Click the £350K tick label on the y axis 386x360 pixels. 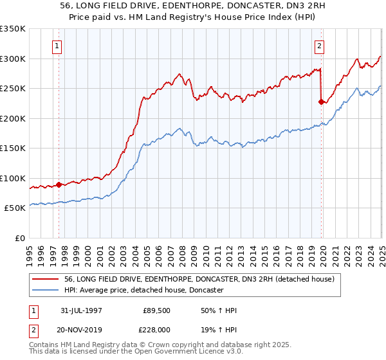(13, 29)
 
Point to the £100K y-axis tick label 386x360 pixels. (13, 178)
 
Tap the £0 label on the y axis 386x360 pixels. (20, 238)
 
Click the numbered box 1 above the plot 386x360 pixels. (58, 46)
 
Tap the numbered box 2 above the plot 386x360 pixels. (320, 46)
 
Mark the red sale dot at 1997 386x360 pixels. (59, 184)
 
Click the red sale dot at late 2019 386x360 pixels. (321, 102)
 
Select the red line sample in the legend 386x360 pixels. (45, 280)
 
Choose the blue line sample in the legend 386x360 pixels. (45, 291)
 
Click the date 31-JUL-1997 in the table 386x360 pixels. (80, 310)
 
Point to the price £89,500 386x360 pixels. (156, 310)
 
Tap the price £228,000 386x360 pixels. (156, 329)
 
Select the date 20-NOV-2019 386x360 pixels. (80, 329)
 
